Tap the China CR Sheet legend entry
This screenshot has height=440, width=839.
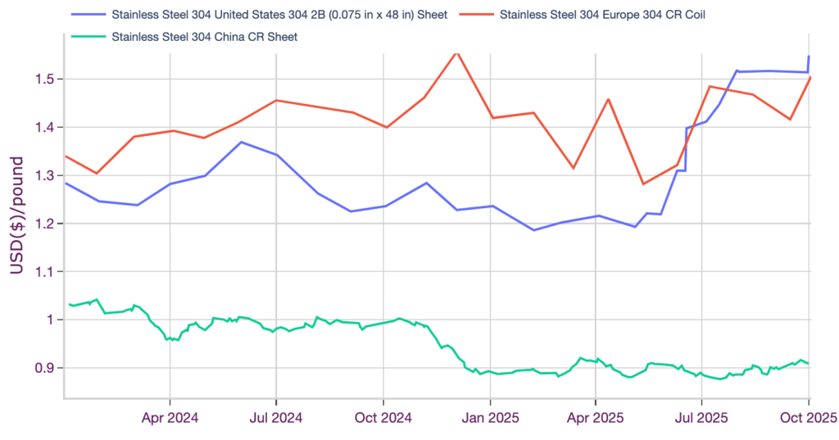tap(204, 37)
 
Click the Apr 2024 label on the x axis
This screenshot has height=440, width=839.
tap(170, 419)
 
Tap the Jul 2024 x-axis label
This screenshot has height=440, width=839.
tap(276, 419)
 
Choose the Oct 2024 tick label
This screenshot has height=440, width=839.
tap(383, 419)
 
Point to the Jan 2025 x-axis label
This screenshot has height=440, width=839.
tap(490, 419)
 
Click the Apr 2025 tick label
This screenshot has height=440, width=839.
tap(595, 419)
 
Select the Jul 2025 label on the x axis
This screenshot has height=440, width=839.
tap(701, 419)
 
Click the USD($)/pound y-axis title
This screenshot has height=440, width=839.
tap(16, 215)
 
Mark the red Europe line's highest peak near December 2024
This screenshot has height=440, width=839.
tap(456, 52)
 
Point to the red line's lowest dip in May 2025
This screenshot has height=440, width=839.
tap(643, 184)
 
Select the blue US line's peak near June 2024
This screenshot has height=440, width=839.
tap(241, 142)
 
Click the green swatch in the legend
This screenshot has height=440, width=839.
tap(88, 37)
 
